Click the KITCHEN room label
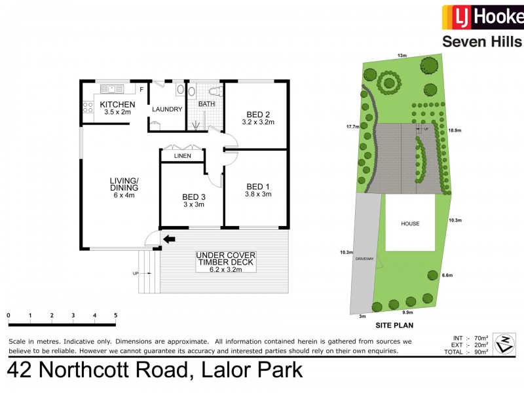click(x=118, y=105)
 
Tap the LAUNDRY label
click(x=167, y=109)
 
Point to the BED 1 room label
click(x=258, y=185)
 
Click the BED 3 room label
click(x=193, y=196)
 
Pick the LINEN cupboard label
click(x=183, y=157)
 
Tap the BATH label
click(x=207, y=104)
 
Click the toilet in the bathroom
click(x=213, y=90)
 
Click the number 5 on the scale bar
click(x=116, y=316)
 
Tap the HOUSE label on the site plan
click(x=410, y=223)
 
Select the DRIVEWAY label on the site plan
click(x=365, y=259)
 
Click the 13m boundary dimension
click(x=402, y=56)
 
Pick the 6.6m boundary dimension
click(x=448, y=275)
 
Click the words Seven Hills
click(x=482, y=42)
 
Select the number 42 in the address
click(x=20, y=371)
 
